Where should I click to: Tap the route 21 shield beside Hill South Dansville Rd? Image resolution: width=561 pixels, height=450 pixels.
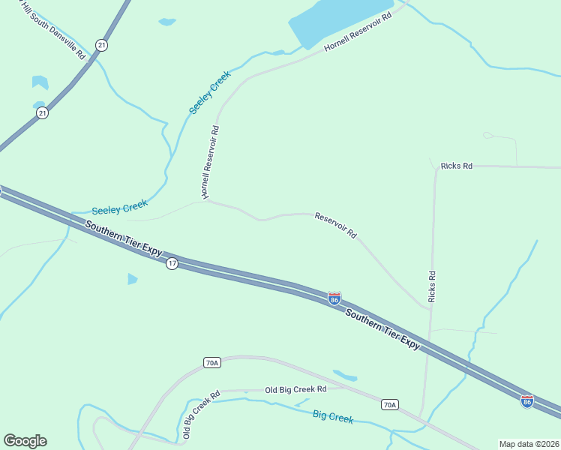102,46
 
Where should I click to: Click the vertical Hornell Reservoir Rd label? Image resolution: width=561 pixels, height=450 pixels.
209,162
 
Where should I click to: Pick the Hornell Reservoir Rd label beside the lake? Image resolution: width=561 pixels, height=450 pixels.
358,31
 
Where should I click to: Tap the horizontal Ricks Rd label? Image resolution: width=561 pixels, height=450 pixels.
456,166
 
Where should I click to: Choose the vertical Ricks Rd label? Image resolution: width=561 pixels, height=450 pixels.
431,286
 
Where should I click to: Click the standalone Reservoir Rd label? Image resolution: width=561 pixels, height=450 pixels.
335,225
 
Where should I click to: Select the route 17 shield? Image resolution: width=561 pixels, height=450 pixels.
172,264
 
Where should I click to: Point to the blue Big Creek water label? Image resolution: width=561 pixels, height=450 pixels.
332,417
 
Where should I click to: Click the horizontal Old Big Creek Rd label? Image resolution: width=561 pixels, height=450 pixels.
296,390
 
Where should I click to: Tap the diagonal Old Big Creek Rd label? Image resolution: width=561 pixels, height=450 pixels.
200,415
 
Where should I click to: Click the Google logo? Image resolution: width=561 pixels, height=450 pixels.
25,441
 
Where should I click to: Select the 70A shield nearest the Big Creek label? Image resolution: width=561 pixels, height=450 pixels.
388,405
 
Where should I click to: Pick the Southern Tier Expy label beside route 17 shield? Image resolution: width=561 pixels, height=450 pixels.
124,238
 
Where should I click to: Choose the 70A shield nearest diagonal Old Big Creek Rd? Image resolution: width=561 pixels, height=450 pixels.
211,363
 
